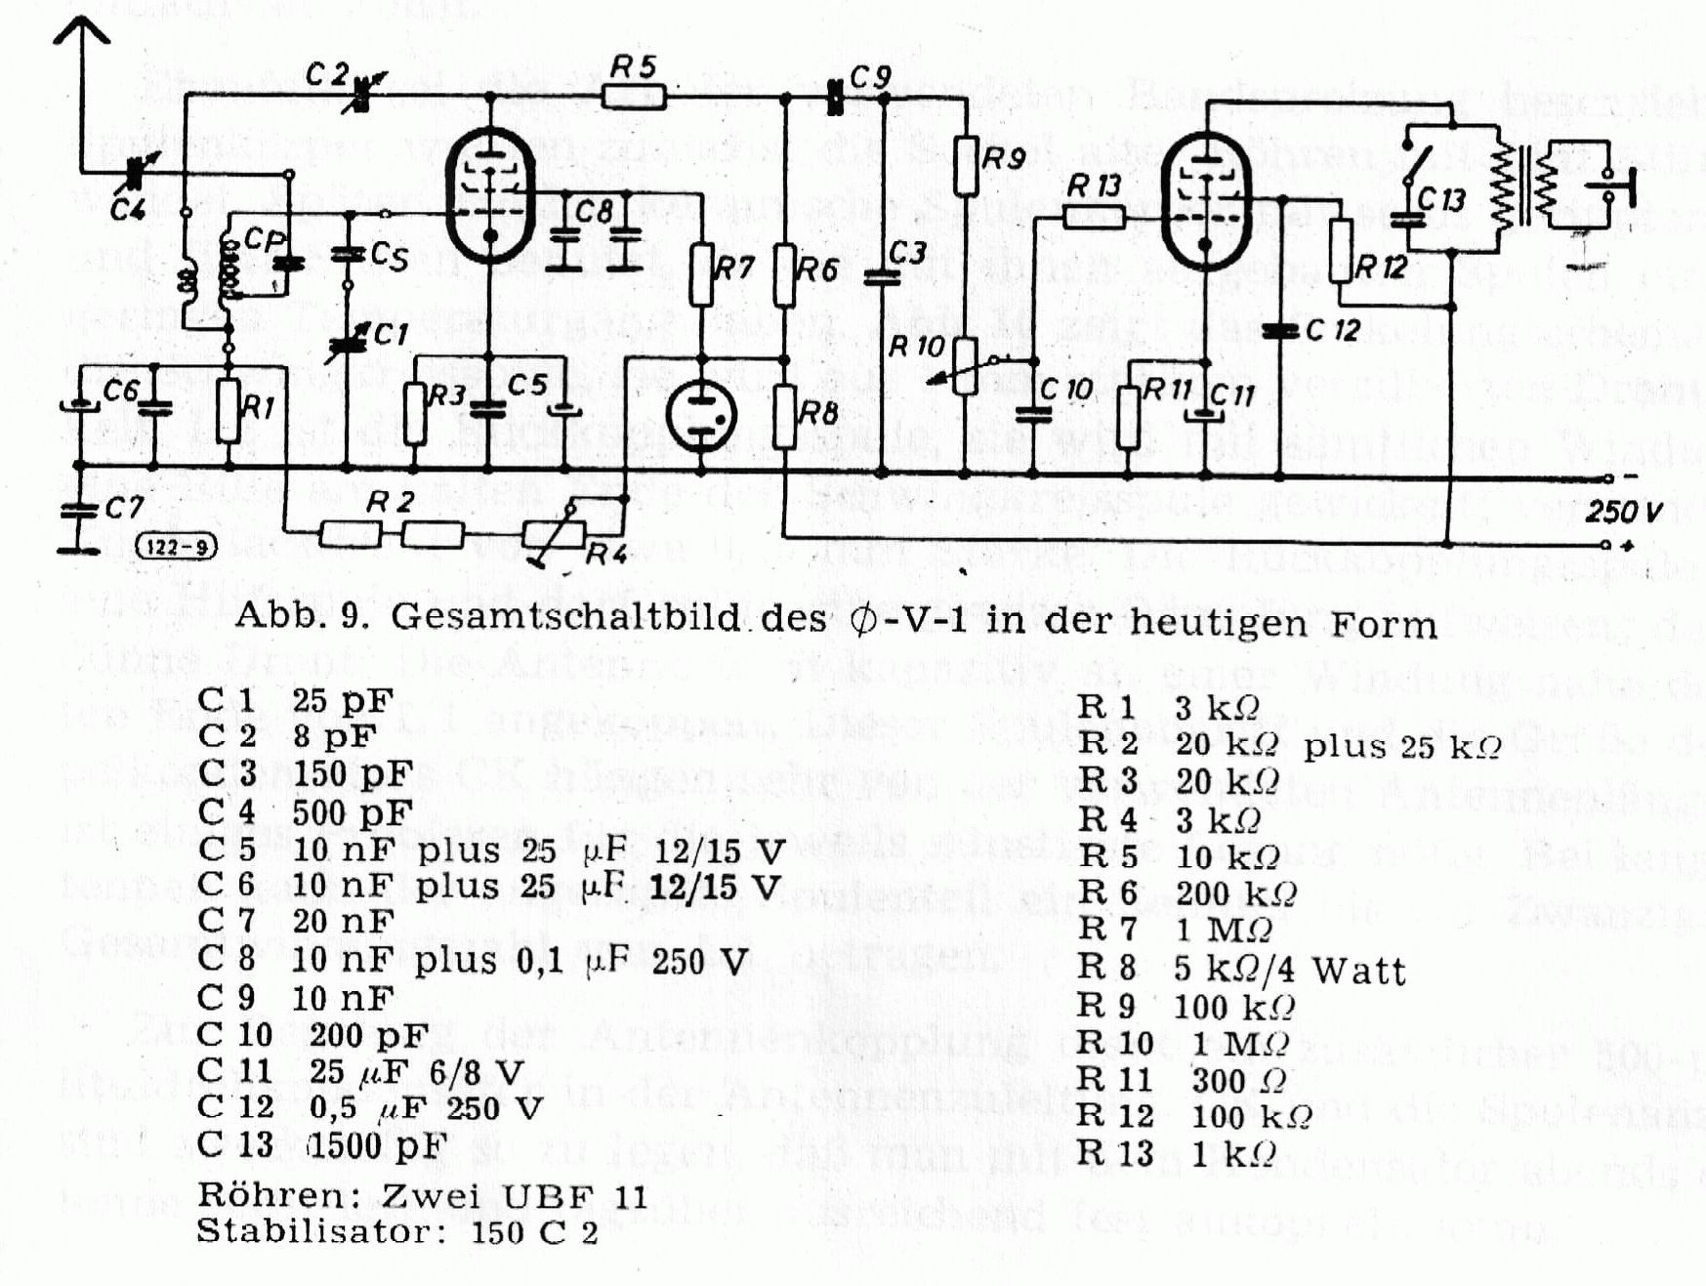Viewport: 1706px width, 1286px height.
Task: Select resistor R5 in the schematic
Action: pos(634,96)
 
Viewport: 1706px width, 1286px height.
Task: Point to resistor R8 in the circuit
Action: pos(785,417)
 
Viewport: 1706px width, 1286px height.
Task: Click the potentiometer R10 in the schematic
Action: pos(965,366)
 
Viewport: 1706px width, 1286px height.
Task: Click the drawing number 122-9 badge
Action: pos(177,546)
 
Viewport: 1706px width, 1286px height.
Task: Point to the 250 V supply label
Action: pos(1624,511)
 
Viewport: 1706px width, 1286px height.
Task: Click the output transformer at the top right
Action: pos(1523,191)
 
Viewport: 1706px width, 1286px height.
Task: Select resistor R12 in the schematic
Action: pos(1341,251)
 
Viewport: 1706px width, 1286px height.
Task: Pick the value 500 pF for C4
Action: pos(353,811)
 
